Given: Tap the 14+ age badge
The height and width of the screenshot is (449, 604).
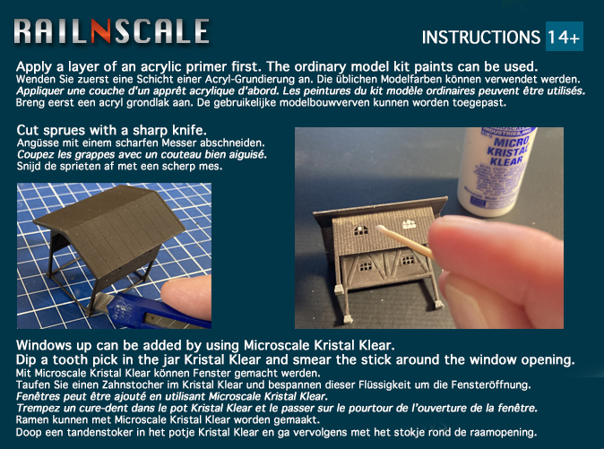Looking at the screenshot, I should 565,39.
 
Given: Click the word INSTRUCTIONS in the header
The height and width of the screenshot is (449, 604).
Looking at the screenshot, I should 480,39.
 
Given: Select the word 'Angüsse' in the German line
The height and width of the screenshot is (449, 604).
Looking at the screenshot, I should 39,142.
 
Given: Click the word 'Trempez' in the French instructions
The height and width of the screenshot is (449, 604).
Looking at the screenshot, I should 42,408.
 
